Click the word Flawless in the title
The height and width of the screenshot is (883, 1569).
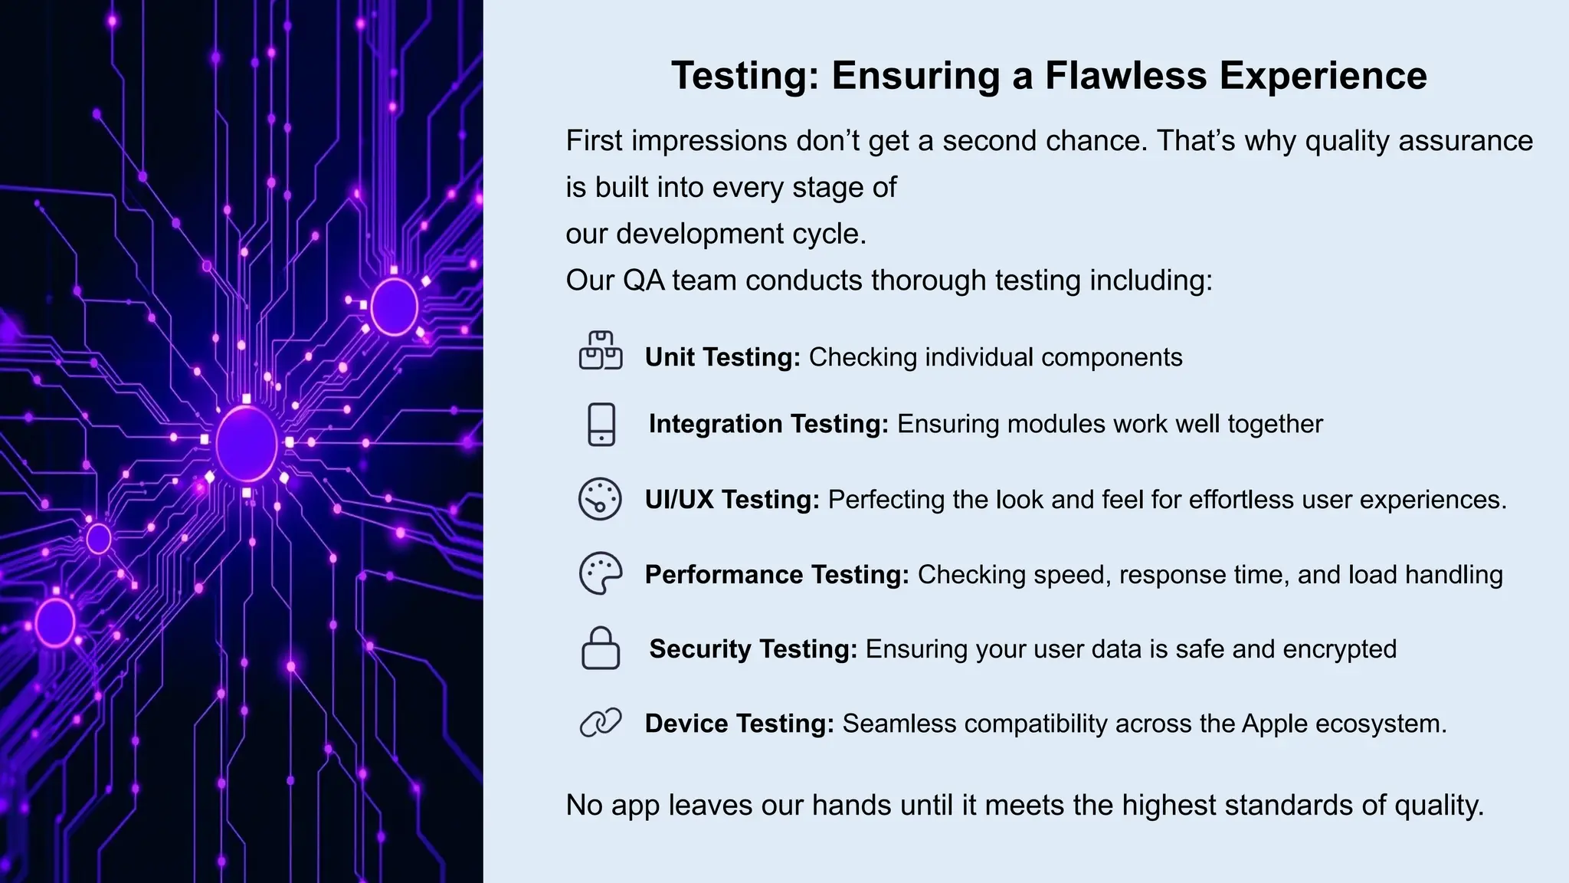pyautogui.click(x=1125, y=76)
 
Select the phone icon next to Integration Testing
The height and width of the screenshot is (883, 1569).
pyautogui.click(x=601, y=424)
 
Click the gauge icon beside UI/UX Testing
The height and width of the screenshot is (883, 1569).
pyautogui.click(x=600, y=499)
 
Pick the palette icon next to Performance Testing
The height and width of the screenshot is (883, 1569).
pyautogui.click(x=601, y=573)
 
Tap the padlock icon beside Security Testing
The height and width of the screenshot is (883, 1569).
pyautogui.click(x=601, y=648)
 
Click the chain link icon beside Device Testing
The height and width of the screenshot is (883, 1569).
pyautogui.click(x=601, y=723)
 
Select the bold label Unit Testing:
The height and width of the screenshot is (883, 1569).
pyautogui.click(x=722, y=357)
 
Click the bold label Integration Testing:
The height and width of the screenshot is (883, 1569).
pyautogui.click(x=768, y=424)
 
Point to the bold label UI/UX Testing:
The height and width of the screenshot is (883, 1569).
pyautogui.click(x=732, y=500)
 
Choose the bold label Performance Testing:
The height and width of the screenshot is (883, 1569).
pyautogui.click(x=777, y=575)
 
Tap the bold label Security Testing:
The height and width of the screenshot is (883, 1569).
pyautogui.click(x=753, y=649)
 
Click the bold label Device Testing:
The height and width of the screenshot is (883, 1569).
pyautogui.click(x=739, y=724)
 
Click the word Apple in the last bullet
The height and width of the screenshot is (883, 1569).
pyautogui.click(x=1274, y=724)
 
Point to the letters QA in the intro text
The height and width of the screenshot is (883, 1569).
pyautogui.click(x=644, y=281)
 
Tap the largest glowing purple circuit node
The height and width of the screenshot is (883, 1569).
pyautogui.click(x=247, y=444)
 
